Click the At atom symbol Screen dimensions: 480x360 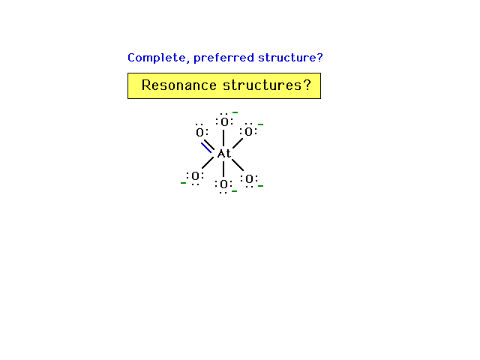click(223, 154)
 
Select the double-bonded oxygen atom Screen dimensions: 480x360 click(199, 133)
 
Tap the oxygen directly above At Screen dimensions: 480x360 click(224, 122)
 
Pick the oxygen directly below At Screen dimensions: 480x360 click(223, 184)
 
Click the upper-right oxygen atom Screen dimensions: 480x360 click(248, 132)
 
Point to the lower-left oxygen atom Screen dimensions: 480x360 click(195, 176)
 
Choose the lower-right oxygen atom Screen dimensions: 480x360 click(250, 178)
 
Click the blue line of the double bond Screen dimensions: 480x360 click(206, 148)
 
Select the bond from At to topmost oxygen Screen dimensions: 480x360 click(223, 138)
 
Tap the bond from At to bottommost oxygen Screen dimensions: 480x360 click(223, 169)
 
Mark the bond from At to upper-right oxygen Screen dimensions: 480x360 click(238, 143)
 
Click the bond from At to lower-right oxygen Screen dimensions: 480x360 click(238, 165)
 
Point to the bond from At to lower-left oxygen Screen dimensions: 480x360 click(208, 163)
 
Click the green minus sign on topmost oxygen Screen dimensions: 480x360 click(235, 112)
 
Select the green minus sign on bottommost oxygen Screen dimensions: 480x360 click(235, 191)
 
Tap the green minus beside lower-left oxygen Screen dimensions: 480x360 click(183, 183)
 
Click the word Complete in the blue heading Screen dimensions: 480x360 click(158, 58)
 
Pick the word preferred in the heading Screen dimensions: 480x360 click(224, 58)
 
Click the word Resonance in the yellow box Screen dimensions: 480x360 click(179, 85)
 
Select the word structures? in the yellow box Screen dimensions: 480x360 click(267, 85)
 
